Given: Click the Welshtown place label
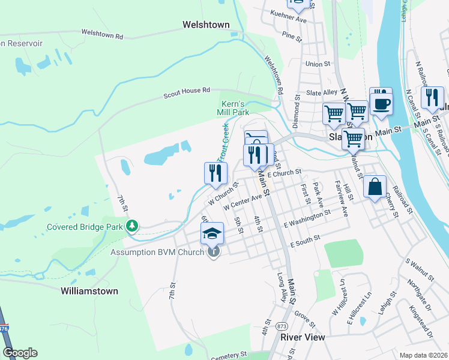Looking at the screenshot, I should [206, 25].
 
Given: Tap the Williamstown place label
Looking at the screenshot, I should [89, 290].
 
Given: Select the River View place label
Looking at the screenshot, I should [303, 337].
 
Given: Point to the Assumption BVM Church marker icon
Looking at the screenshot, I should [214, 252].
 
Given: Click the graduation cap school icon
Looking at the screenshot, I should [212, 233].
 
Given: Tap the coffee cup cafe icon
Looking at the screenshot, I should [381, 101].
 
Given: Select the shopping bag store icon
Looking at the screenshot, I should [375, 186].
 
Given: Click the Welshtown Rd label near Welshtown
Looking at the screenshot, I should [102, 34].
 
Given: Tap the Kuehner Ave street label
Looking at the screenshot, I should [289, 19].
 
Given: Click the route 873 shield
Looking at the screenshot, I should [282, 325].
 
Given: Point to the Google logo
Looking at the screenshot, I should [20, 352].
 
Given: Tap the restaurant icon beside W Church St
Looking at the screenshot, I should [215, 173].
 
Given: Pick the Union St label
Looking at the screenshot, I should [318, 63].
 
